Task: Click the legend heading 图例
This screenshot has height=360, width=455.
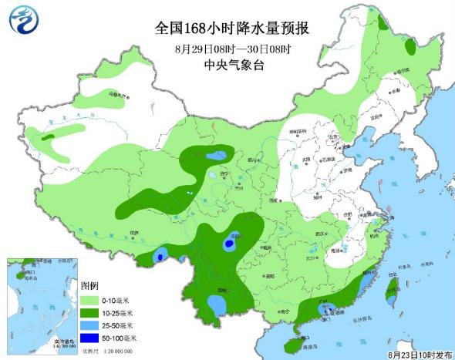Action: point(91,287)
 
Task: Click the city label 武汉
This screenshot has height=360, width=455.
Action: point(312,234)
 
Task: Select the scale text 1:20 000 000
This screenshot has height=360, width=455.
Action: point(112,351)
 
